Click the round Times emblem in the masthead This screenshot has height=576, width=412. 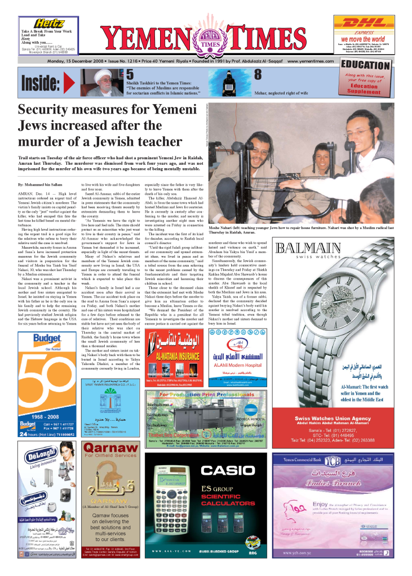(206, 41)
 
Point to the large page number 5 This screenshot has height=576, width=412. (130, 74)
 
